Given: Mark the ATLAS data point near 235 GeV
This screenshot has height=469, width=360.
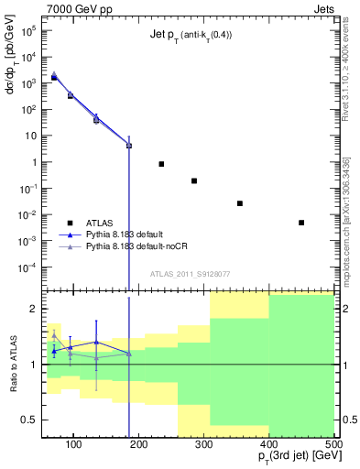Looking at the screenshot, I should pos(161,164).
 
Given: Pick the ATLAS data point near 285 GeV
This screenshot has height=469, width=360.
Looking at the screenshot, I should pos(194,180).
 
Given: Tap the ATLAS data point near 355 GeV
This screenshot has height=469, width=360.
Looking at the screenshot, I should pos(240,203).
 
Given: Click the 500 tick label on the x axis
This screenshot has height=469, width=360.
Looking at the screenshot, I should pos(333,444).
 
